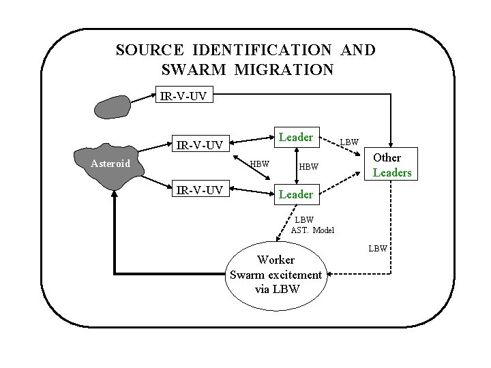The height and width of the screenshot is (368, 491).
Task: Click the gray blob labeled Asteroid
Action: pos(110,164)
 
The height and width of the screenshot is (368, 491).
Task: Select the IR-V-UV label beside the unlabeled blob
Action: pos(186,96)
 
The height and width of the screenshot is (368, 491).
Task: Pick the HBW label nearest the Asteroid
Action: pos(259,164)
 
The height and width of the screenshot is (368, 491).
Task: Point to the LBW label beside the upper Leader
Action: pos(350,142)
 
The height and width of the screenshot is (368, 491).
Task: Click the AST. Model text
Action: pos(312,230)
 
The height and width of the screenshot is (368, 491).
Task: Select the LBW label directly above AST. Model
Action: pos(304,219)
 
